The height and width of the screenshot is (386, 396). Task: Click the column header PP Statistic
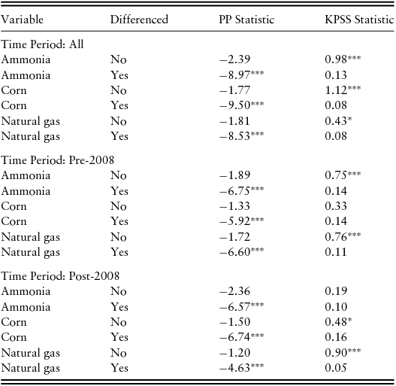[246, 19]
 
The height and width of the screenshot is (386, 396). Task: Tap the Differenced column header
[140, 19]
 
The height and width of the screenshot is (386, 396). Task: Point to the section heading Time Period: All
[42, 44]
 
